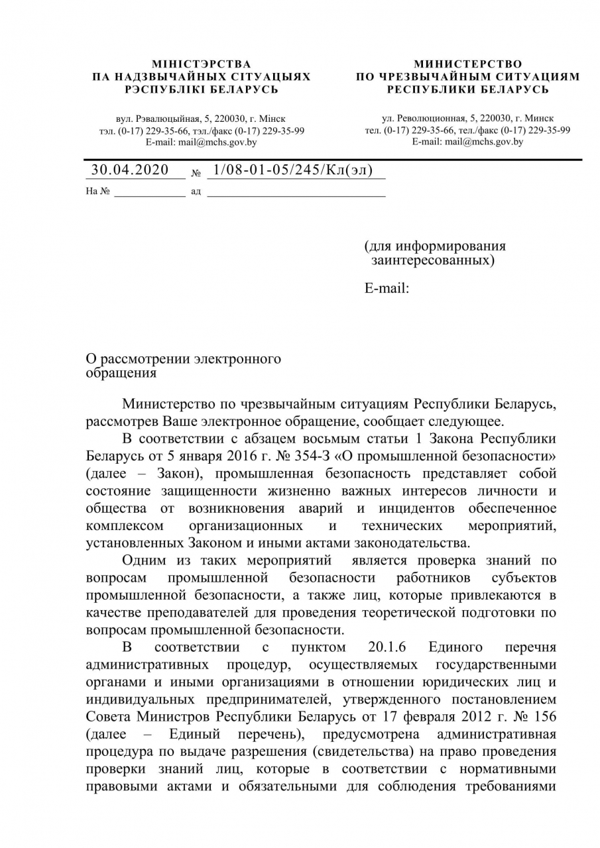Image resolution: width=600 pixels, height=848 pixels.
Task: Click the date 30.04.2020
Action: point(130,170)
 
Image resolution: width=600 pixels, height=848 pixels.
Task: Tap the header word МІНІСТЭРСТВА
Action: point(202,64)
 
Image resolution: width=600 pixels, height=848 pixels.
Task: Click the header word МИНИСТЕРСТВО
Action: point(468,64)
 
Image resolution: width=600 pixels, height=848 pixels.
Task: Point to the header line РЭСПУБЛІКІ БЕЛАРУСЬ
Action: point(202,89)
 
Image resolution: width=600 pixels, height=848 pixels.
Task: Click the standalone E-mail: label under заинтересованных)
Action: point(387,288)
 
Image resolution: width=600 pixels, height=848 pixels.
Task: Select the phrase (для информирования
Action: point(435,246)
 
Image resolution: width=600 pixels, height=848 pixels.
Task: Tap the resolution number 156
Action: point(543,717)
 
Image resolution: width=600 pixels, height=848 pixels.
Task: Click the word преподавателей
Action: point(204,612)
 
